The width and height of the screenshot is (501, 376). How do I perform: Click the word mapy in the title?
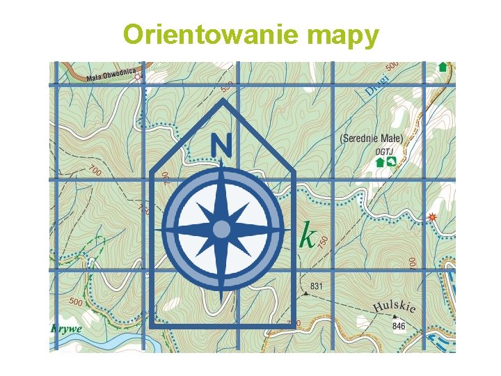pyautogui.click(x=341, y=36)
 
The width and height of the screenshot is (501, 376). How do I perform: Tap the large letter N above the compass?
pyautogui.click(x=221, y=146)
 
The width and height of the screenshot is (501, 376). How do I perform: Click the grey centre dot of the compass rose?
pyautogui.click(x=221, y=229)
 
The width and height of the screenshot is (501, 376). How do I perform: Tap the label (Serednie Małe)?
pyautogui.click(x=371, y=139)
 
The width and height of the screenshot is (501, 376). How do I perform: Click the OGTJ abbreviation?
pyautogui.click(x=383, y=150)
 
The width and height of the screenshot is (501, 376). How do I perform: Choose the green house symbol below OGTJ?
pyautogui.click(x=380, y=162)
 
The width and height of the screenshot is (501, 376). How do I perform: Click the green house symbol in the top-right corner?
pyautogui.click(x=443, y=68)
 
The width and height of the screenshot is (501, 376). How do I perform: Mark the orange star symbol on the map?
pyautogui.click(x=433, y=217)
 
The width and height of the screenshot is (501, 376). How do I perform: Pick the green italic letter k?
pyautogui.click(x=306, y=236)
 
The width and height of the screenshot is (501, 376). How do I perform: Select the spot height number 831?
pyautogui.click(x=317, y=285)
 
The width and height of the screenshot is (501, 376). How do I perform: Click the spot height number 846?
pyautogui.click(x=399, y=325)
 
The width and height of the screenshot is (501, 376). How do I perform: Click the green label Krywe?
pyautogui.click(x=67, y=329)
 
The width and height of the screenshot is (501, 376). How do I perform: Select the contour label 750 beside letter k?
pyautogui.click(x=323, y=241)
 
